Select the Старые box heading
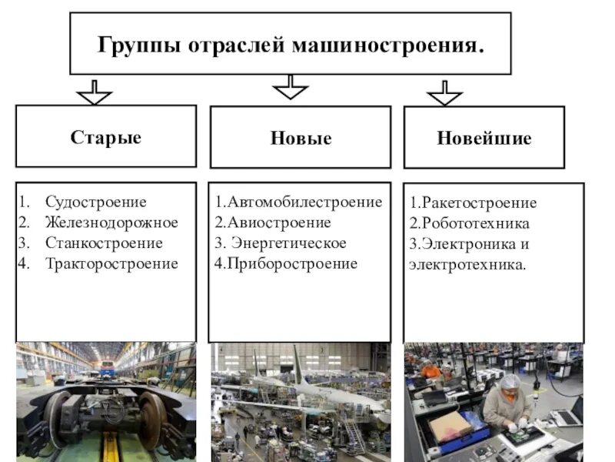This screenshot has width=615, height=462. tap(106, 138)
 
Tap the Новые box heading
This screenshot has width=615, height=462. tap(301, 139)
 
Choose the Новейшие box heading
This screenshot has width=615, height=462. tap(484, 139)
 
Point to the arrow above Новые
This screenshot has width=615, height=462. tap(290, 87)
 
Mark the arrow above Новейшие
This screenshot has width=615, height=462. tap(444, 93)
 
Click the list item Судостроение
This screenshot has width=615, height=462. tap(95, 203)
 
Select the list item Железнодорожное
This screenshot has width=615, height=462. tap(111, 223)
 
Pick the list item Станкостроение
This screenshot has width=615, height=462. tap(104, 243)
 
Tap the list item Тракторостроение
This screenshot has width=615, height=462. tap(111, 263)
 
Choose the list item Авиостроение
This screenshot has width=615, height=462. tap(278, 223)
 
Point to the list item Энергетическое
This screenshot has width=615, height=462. tap(288, 243)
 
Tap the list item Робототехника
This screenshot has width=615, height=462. tap(474, 223)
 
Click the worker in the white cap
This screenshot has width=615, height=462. tap(507, 400)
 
